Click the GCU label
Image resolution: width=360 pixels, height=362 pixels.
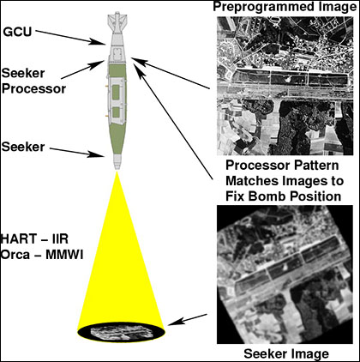[x=17, y=32]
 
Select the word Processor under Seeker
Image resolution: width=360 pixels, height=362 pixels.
[x=34, y=89]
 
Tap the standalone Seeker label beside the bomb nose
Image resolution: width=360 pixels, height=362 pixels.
[x=23, y=147]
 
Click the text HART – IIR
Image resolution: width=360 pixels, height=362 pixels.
[x=35, y=238]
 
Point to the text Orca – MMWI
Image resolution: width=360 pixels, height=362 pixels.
[x=42, y=255]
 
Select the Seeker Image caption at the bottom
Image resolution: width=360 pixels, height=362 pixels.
[x=286, y=353]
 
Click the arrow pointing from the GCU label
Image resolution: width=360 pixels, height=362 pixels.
[x=70, y=38]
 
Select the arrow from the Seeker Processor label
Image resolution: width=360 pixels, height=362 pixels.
[x=82, y=69]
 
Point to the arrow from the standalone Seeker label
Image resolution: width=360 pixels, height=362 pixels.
[x=77, y=153]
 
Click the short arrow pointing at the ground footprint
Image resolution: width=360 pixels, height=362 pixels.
[x=188, y=320]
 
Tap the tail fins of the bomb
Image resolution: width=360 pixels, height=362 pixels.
[x=117, y=20]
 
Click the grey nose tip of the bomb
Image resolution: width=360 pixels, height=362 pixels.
[x=117, y=162]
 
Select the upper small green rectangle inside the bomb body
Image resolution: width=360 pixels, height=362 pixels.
[x=117, y=93]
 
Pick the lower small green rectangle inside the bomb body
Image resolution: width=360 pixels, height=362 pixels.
[x=117, y=112]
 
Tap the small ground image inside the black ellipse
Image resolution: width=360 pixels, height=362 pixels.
[x=120, y=333]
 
